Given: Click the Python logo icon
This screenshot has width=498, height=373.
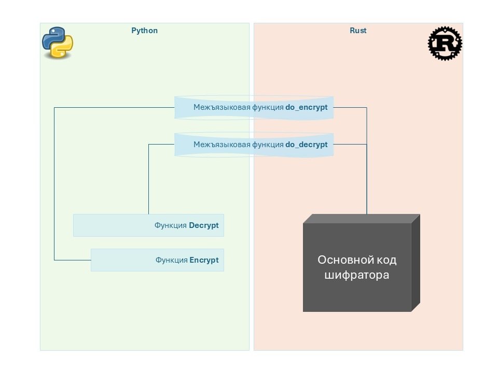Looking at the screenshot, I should click(x=57, y=42).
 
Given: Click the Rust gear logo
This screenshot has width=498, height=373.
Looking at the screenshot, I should click(x=445, y=44).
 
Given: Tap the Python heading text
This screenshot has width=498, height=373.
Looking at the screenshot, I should click(x=144, y=31).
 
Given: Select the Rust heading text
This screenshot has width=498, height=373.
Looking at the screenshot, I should click(x=358, y=31).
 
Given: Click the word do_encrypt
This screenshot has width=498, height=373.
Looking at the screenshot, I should click(x=307, y=108).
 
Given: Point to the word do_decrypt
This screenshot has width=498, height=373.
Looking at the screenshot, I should click(x=307, y=145).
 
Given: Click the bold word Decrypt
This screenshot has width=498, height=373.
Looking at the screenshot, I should click(x=204, y=225).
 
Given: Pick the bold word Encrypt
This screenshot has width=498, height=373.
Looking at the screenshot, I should click(x=204, y=260).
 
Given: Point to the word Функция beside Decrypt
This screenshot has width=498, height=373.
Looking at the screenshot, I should click(x=171, y=225).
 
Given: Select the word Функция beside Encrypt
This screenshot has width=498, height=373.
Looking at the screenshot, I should click(x=171, y=260).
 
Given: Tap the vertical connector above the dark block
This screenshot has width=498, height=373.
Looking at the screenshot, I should click(x=367, y=181).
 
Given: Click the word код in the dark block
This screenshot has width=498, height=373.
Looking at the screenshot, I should click(x=384, y=260).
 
